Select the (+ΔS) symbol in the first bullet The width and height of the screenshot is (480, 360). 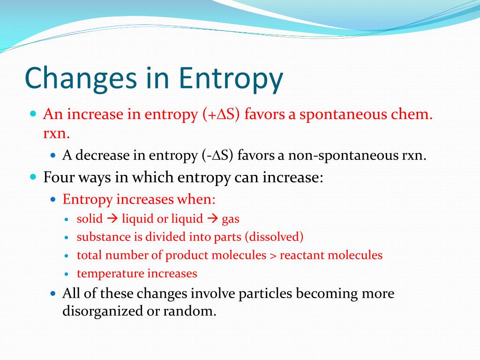(221, 114)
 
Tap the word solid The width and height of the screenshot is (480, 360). (90, 218)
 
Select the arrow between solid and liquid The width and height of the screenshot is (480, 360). (112, 218)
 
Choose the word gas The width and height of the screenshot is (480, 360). (231, 219)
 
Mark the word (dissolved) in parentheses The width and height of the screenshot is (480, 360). (274, 237)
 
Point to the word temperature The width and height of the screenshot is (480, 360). (111, 274)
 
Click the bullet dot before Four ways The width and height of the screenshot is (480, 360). (33, 178)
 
